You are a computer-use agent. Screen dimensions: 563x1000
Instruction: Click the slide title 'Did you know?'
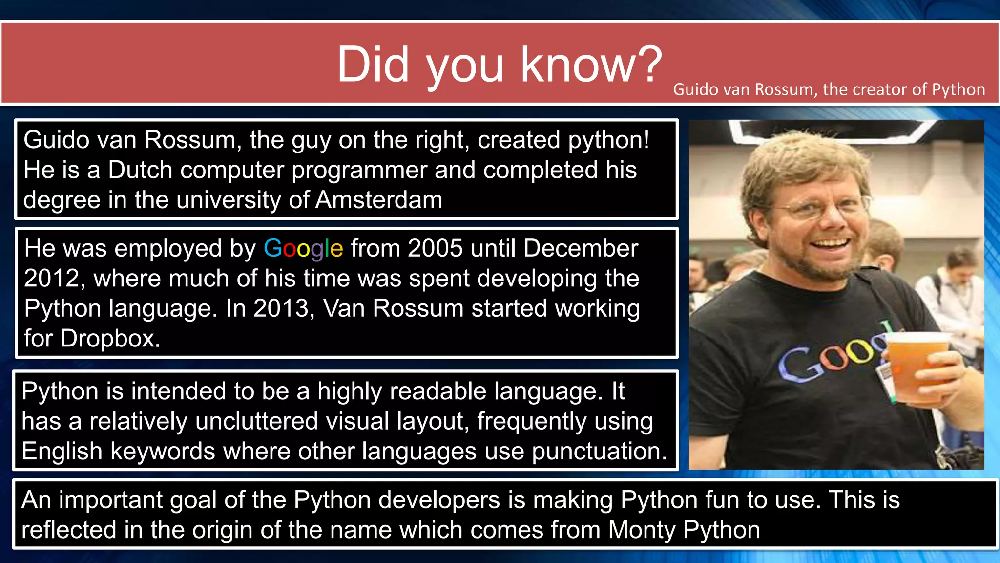499,65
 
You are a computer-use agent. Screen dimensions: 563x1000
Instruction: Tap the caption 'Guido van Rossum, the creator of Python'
829,89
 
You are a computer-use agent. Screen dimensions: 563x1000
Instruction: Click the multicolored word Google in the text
303,248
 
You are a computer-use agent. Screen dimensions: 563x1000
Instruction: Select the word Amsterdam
379,200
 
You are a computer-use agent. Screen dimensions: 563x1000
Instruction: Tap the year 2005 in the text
435,248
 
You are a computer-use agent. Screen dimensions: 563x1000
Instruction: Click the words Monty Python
684,530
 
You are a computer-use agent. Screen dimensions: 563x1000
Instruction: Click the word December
581,248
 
